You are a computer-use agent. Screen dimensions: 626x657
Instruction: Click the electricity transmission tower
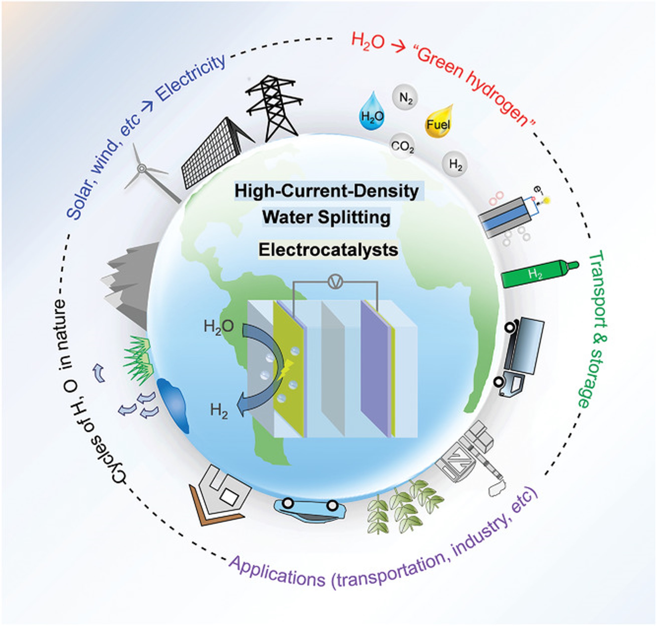274,107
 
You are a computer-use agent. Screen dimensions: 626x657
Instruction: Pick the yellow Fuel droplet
438,123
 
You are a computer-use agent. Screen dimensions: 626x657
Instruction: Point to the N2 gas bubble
405,98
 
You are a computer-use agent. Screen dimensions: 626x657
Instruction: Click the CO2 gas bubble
402,146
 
